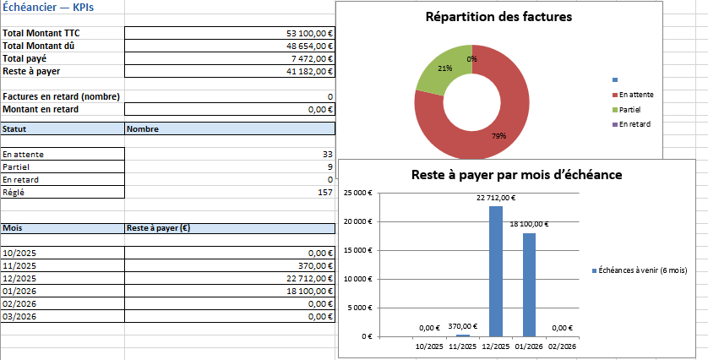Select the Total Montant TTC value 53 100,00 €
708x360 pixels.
310,33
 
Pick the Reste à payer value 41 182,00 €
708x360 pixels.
310,71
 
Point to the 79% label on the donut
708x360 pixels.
498,136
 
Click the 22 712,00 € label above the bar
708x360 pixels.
496,198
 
